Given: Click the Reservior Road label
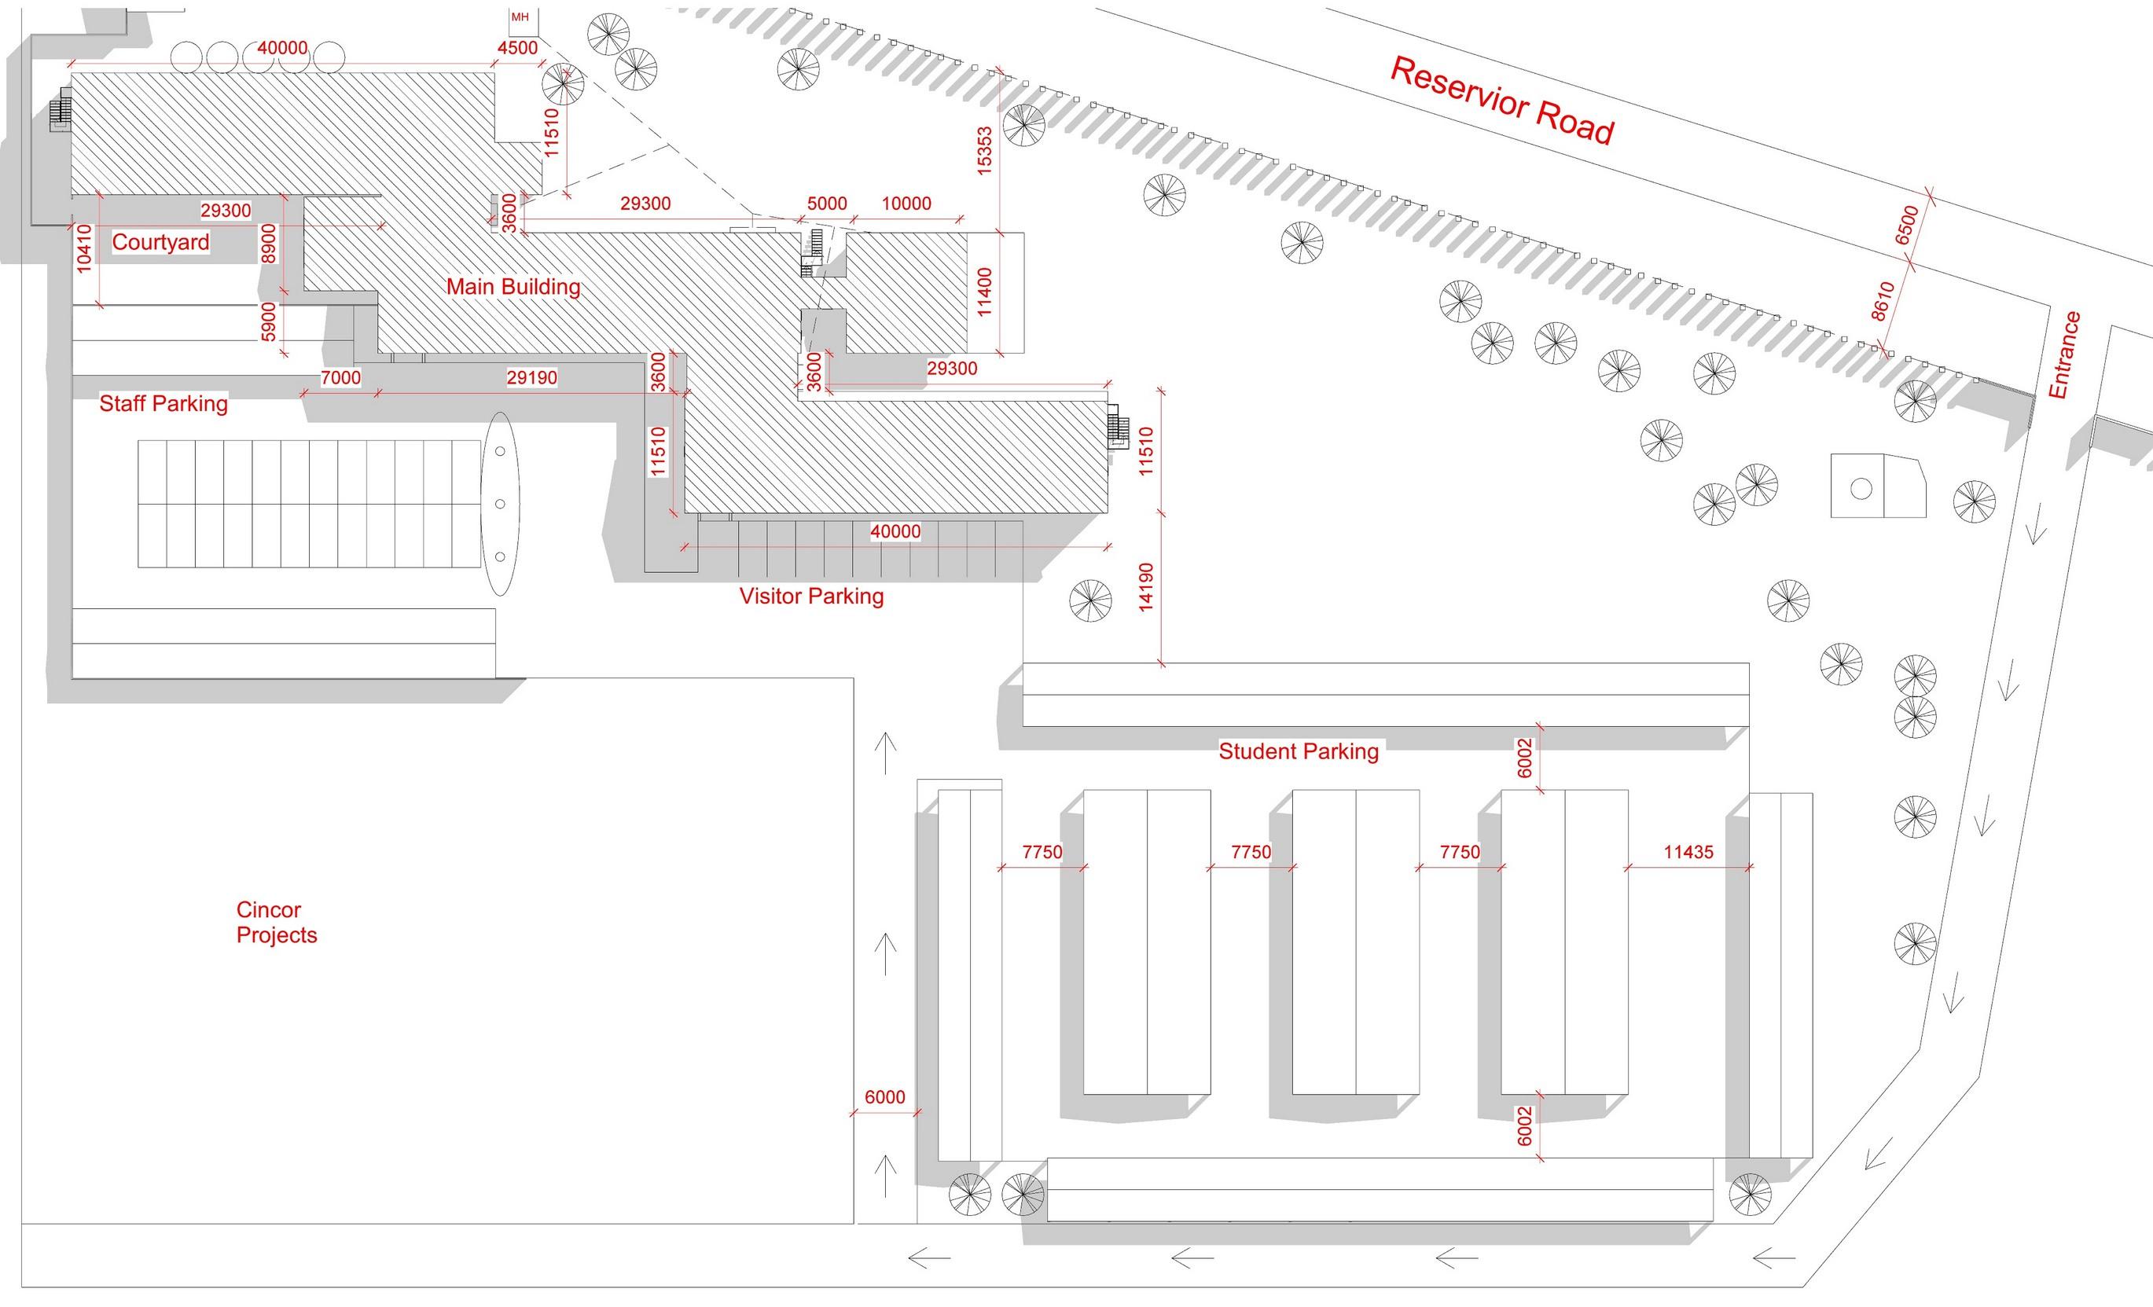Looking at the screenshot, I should click(x=1501, y=101).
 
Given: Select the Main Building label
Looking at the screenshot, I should click(x=513, y=287).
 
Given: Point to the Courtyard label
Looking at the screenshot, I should click(x=161, y=242).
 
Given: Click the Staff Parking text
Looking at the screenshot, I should click(x=163, y=404).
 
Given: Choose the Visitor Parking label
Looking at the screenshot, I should click(x=812, y=596).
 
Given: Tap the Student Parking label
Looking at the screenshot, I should click(x=1299, y=751).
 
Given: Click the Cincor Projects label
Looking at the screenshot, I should click(x=276, y=923).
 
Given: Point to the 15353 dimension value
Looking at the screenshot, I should click(x=985, y=151).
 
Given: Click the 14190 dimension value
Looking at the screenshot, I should click(x=1146, y=586).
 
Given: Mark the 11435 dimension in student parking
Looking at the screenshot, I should click(x=1688, y=852).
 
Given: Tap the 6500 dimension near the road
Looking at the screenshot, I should click(x=1907, y=226).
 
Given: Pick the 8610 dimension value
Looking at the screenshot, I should click(x=1884, y=302).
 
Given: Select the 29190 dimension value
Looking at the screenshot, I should click(x=531, y=377).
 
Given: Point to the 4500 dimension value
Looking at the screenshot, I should click(x=517, y=48).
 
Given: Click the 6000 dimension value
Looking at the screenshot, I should click(x=884, y=1097).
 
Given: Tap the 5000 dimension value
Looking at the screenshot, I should click(x=827, y=204).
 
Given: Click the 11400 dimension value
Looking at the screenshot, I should click(x=985, y=292).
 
